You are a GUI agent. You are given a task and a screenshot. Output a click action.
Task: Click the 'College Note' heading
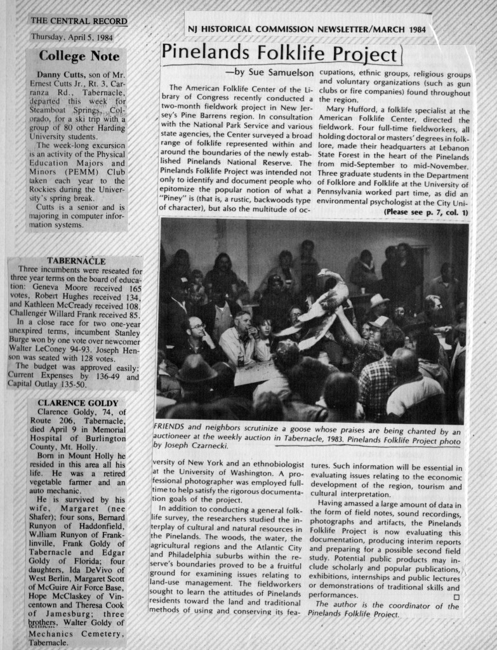[75, 56]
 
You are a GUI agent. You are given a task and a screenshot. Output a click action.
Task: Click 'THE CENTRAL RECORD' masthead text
[79, 21]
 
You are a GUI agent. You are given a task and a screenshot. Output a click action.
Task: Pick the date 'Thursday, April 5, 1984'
[72, 36]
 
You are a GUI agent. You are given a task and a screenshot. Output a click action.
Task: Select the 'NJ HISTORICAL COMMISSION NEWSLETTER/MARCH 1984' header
[307, 30]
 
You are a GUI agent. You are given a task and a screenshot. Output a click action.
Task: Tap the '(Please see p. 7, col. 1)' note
[426, 212]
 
